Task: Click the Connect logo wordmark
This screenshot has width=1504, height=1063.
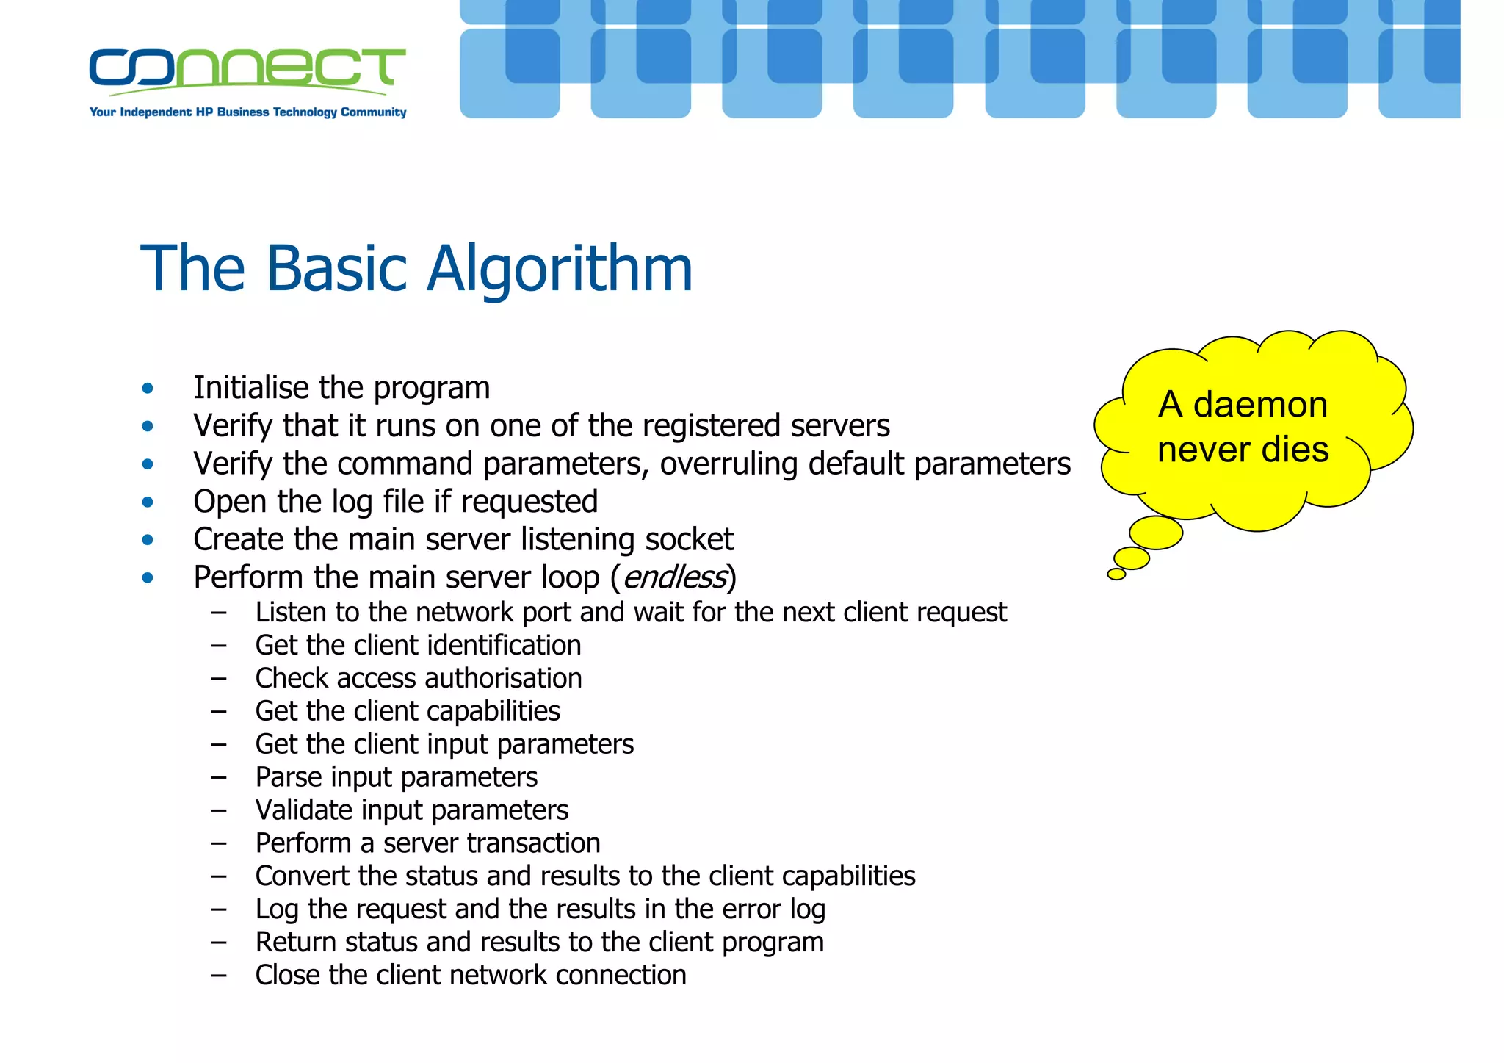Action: click(247, 68)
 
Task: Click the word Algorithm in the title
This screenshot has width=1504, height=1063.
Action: click(560, 270)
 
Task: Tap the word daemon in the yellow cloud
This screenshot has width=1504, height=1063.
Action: click(1260, 405)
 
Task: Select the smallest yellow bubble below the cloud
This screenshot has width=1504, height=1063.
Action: click(1116, 574)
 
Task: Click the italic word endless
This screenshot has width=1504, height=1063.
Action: click(674, 577)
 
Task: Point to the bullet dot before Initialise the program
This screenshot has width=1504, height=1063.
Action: click(148, 389)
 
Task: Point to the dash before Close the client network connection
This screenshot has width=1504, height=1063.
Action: click(218, 976)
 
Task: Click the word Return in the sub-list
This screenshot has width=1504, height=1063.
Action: click(295, 943)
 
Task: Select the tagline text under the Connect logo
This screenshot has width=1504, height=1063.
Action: click(247, 112)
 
